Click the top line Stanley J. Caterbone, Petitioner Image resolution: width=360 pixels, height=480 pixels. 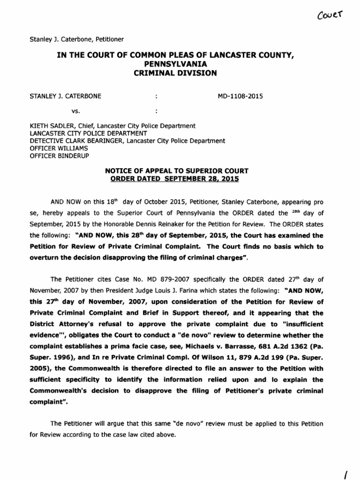click(76, 39)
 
